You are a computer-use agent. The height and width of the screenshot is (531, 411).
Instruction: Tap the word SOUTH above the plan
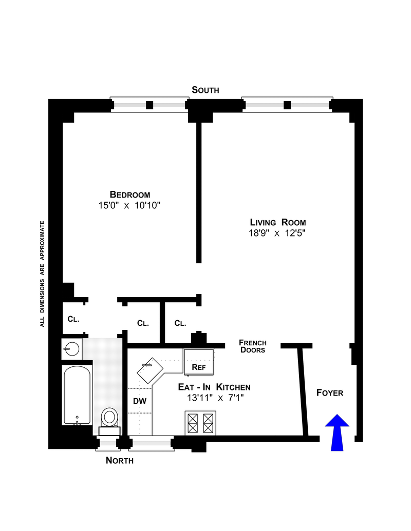(206, 90)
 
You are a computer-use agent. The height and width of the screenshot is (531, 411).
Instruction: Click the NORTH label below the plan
(120, 460)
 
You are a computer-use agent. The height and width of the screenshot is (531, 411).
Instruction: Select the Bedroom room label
(130, 194)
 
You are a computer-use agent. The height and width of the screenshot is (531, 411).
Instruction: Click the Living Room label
(278, 222)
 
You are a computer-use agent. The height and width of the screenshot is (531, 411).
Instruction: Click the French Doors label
(253, 346)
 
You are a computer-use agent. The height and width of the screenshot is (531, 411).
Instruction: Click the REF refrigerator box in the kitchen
(199, 362)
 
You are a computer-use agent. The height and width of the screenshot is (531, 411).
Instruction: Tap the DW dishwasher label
(139, 401)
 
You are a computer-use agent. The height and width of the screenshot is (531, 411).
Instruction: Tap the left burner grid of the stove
(193, 423)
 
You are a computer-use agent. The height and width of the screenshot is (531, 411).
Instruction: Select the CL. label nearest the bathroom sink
(73, 319)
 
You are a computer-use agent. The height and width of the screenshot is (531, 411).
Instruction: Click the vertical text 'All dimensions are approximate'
(43, 273)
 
